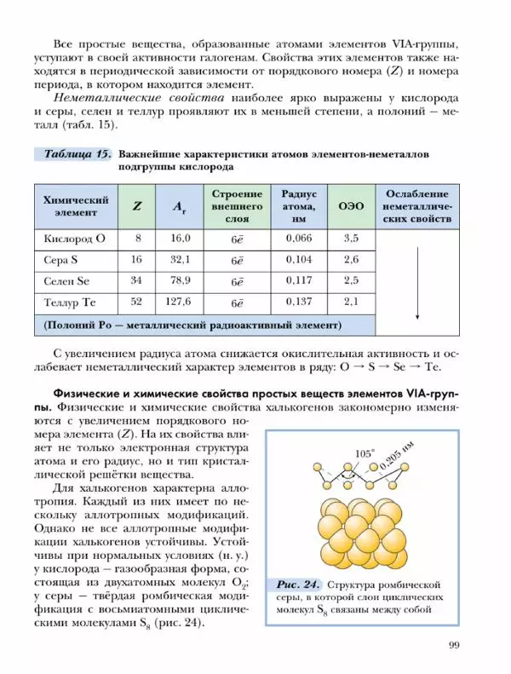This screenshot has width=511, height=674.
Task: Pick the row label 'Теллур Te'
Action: coord(72,302)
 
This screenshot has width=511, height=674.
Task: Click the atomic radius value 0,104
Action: coord(299,259)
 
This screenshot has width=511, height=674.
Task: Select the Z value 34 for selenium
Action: coord(136,280)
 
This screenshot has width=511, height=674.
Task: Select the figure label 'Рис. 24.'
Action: coord(298,585)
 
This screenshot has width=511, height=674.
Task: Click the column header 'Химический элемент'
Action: coord(75,206)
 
